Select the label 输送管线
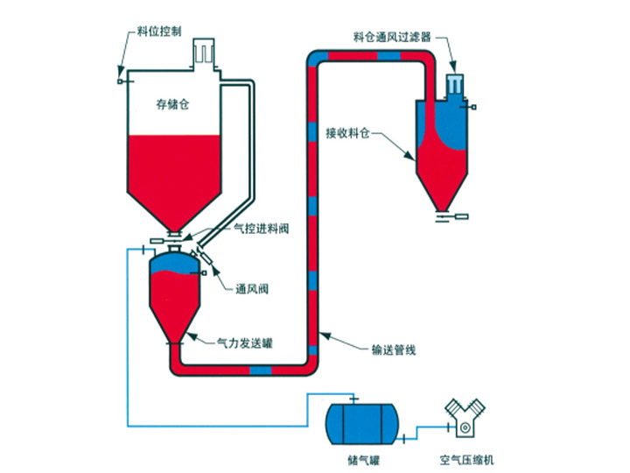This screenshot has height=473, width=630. coord(394,350)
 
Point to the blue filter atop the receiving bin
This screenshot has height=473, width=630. coord(455,86)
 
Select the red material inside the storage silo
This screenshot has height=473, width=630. coord(172,175)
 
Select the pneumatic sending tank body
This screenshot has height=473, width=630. coord(176,298)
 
